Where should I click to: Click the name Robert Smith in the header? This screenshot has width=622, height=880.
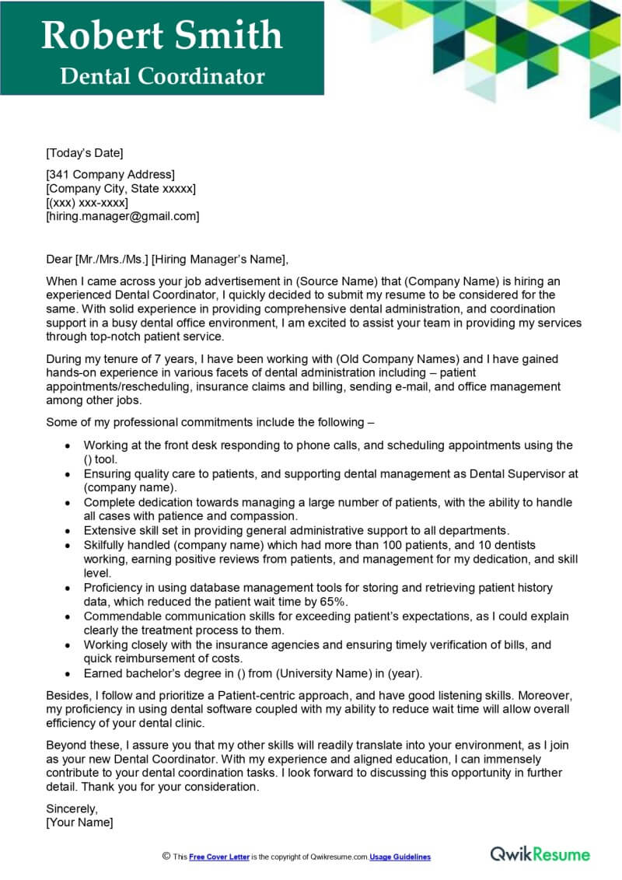(x=162, y=35)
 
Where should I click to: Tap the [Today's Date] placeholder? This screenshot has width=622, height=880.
(x=85, y=152)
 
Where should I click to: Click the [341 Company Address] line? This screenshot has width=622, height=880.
(x=110, y=174)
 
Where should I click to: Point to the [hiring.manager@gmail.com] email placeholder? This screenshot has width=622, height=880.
(x=123, y=216)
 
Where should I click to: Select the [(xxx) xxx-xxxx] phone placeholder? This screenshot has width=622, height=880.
(x=87, y=202)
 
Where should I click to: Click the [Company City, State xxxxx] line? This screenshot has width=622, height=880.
(x=121, y=188)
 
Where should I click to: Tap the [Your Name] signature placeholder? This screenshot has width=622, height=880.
(x=79, y=822)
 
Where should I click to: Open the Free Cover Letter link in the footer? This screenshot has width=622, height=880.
(x=219, y=857)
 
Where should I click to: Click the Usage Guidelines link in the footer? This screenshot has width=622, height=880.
(x=400, y=857)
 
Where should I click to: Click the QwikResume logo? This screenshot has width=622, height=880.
(x=540, y=854)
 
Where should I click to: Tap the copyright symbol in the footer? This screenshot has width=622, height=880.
(x=166, y=856)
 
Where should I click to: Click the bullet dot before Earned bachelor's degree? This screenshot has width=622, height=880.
(x=68, y=673)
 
